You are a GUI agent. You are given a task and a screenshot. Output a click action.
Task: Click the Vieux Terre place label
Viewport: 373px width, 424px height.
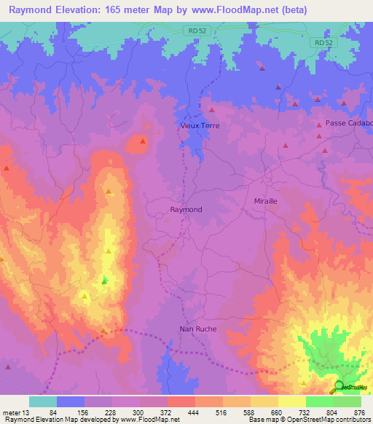pyautogui.click(x=200, y=125)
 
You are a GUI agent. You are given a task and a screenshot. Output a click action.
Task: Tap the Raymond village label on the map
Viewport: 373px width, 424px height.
pyautogui.click(x=186, y=209)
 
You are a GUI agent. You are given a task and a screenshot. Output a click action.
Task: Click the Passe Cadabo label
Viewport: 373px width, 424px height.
pyautogui.click(x=349, y=123)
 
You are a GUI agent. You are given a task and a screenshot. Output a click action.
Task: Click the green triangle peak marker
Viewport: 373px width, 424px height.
pyautogui.click(x=104, y=280)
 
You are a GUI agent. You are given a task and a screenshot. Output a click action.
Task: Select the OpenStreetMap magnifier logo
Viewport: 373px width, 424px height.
pyautogui.click(x=339, y=386)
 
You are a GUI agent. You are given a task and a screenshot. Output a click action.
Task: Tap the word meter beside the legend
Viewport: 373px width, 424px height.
pyautogui.click(x=12, y=412)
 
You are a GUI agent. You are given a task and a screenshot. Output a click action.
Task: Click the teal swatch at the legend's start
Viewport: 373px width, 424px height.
pyautogui.click(x=43, y=401)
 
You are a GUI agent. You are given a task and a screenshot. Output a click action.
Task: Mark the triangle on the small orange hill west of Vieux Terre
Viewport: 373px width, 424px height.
pyautogui.click(x=143, y=141)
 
